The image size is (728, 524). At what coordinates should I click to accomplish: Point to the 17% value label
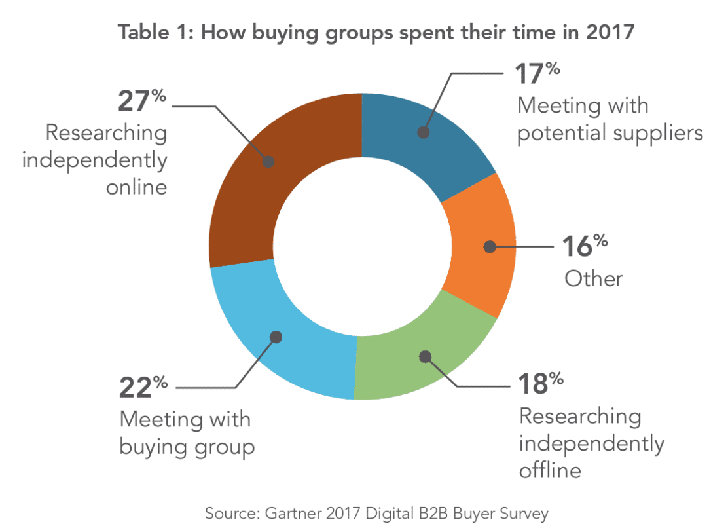coord(537,73)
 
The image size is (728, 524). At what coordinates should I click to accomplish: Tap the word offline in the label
coord(550,470)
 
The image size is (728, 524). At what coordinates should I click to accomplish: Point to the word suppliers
coord(659,133)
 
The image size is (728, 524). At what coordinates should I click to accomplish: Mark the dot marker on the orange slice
coord(488,248)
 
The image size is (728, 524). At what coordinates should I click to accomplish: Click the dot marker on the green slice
coord(426,357)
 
